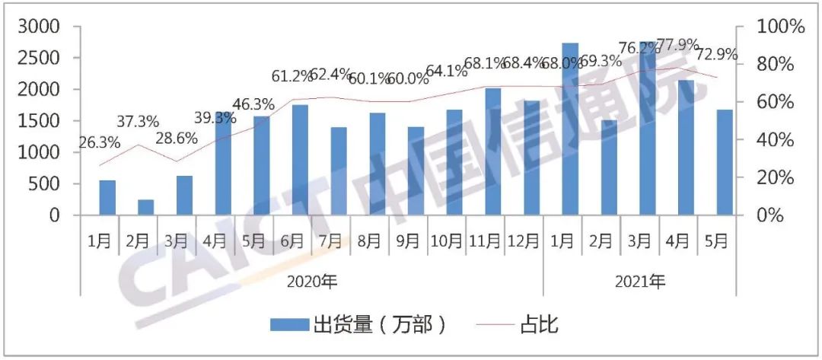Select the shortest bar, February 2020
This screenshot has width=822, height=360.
coord(145,207)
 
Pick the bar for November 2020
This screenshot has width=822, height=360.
coord(493,151)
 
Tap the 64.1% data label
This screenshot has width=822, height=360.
coord(447,72)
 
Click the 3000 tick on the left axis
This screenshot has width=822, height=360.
coord(40,27)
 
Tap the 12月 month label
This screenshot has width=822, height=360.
coord(523,241)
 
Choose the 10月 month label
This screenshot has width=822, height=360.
coord(446,241)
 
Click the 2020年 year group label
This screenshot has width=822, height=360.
coord(312,282)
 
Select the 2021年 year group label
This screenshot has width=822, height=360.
coord(640,282)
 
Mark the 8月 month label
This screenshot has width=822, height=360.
coord(369,241)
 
